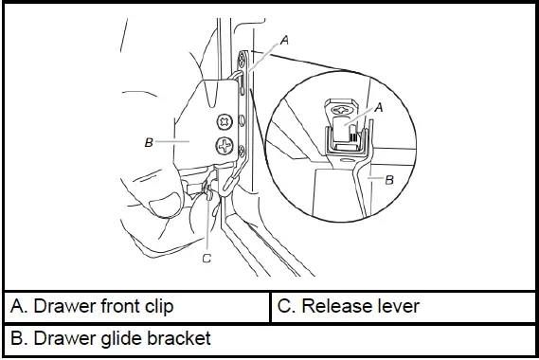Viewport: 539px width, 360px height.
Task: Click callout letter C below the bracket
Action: [x=207, y=256]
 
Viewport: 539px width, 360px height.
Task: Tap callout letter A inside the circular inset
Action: [x=378, y=109]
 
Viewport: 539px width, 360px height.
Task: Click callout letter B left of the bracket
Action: [x=148, y=142]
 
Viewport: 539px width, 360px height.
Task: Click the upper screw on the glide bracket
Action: [x=225, y=122]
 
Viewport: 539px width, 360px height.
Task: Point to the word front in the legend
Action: [x=117, y=307]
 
